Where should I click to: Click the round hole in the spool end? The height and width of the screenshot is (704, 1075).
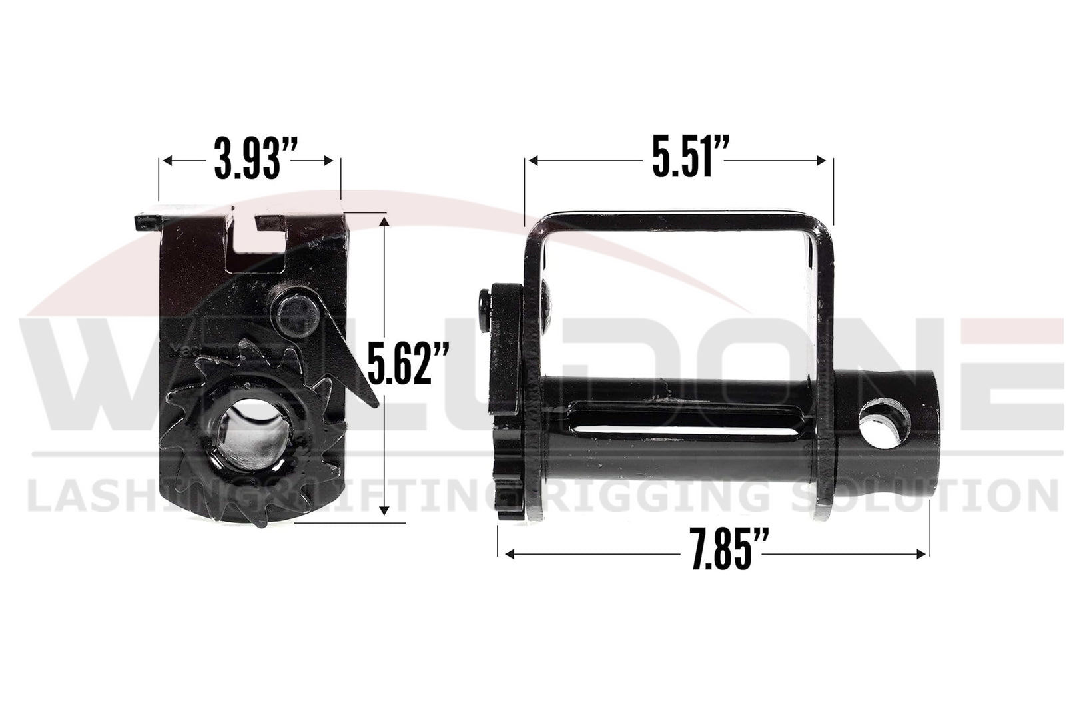885,424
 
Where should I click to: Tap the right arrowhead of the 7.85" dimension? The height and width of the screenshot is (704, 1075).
923,553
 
